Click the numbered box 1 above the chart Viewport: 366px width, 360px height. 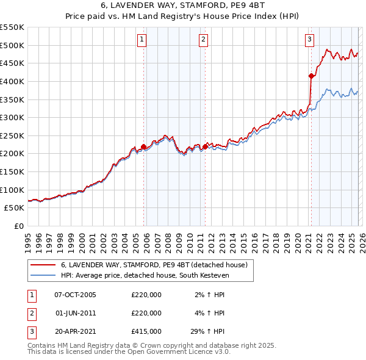142,40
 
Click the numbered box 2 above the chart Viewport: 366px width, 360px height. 203,40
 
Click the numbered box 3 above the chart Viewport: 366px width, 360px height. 309,40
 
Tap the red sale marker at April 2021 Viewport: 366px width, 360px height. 311,76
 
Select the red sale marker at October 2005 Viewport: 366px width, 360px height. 144,146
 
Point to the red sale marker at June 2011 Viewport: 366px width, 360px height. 206,146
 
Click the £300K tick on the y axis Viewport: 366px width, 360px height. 12,117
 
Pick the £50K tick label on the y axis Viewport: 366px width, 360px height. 15,208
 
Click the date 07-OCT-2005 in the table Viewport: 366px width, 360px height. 75,295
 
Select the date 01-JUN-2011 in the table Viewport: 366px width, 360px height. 75,313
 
